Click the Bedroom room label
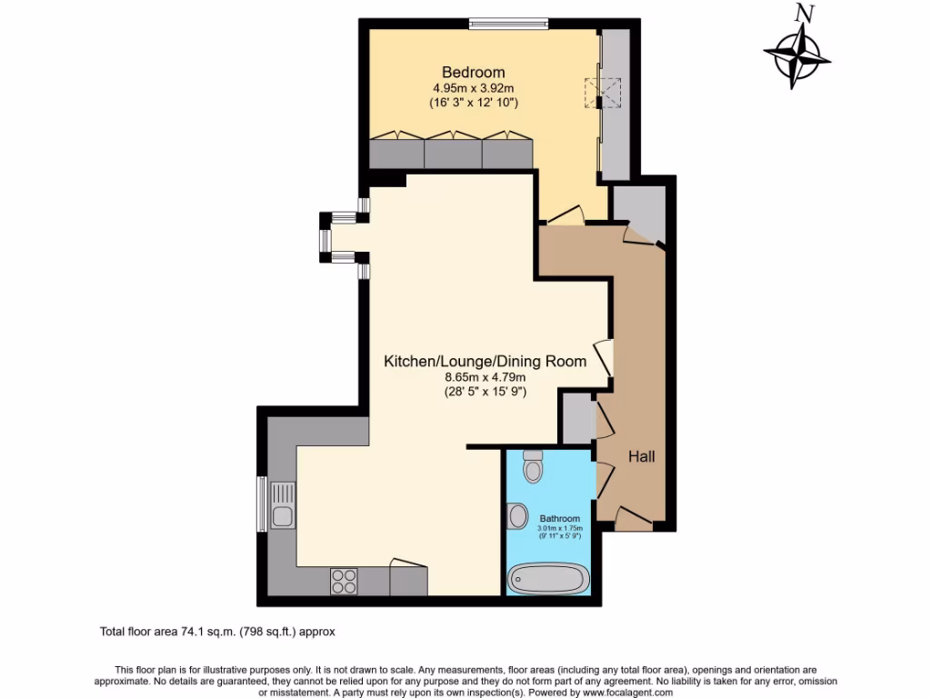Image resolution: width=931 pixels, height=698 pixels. tap(473, 72)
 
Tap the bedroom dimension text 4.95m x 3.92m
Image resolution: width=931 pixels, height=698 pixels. tap(473, 88)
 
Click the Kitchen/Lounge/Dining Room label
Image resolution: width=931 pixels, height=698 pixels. tap(485, 361)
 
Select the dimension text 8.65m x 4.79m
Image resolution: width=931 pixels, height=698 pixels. tap(485, 376)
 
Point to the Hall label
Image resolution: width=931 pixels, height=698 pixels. tap(642, 456)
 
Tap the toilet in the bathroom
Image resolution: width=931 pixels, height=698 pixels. tap(533, 467)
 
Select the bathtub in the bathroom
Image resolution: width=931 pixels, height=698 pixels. tap(548, 578)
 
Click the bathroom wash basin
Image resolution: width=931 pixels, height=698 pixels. tap(517, 516)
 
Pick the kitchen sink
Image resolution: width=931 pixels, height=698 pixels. tap(281, 506)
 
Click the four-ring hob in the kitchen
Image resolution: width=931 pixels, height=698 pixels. tap(345, 580)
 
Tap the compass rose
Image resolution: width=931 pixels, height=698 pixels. tap(797, 57)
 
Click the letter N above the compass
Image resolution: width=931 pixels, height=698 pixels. tap(803, 13)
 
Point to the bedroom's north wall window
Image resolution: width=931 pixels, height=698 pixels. tap(508, 24)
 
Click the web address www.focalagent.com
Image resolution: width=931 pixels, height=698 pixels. tap(623, 693)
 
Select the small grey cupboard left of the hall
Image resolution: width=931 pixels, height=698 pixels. tap(576, 419)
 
